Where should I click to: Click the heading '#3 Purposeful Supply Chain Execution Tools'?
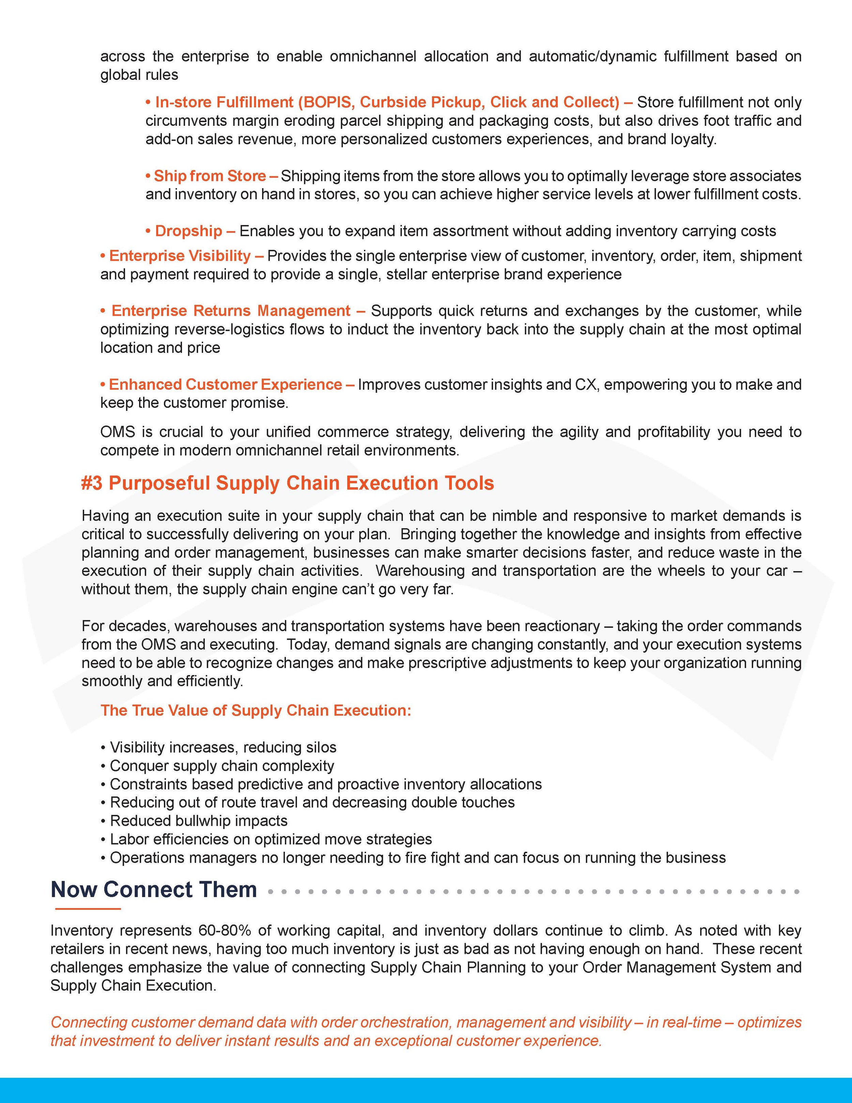pyautogui.click(x=287, y=483)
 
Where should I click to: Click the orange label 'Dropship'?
pyautogui.click(x=188, y=231)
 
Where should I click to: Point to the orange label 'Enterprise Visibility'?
pyautogui.click(x=180, y=256)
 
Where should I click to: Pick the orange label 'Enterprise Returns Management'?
pyautogui.click(x=231, y=311)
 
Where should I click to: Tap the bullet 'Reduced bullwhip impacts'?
pyautogui.click(x=198, y=821)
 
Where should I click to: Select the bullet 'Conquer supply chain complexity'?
pyautogui.click(x=222, y=766)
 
